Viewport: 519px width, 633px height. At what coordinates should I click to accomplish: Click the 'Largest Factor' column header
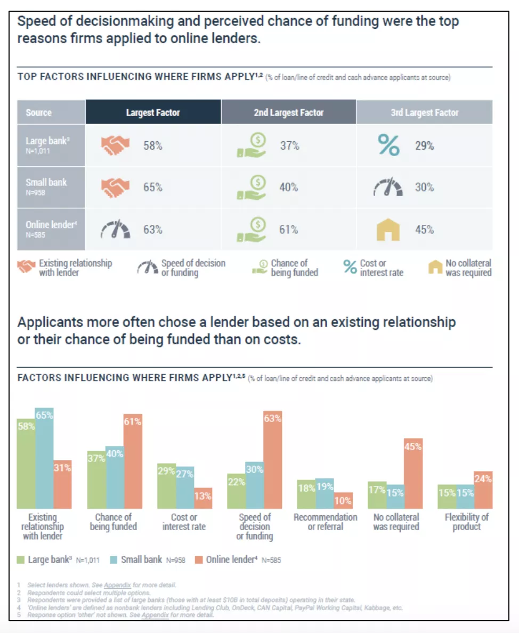tap(153, 112)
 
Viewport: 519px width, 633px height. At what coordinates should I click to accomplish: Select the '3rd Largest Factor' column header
tap(424, 112)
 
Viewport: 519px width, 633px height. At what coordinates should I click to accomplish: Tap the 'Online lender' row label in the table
tap(51, 229)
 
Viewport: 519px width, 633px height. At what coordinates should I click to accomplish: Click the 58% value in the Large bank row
tap(152, 145)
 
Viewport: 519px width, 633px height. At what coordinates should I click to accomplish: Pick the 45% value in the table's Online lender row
tap(425, 230)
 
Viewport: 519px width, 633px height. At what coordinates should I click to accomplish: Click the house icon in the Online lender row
tap(388, 230)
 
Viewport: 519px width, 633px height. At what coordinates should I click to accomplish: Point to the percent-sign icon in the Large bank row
tap(388, 145)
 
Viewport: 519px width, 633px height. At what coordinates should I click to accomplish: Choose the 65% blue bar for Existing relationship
tap(44, 458)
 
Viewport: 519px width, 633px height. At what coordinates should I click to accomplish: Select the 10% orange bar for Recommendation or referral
tap(343, 500)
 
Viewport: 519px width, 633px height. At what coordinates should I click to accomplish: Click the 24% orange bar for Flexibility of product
tap(483, 490)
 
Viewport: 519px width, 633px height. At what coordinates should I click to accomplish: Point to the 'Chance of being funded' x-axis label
tap(113, 522)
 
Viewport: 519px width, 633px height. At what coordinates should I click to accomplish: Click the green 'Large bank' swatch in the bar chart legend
tap(21, 559)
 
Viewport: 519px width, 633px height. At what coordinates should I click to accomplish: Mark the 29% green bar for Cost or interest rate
tap(166, 486)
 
